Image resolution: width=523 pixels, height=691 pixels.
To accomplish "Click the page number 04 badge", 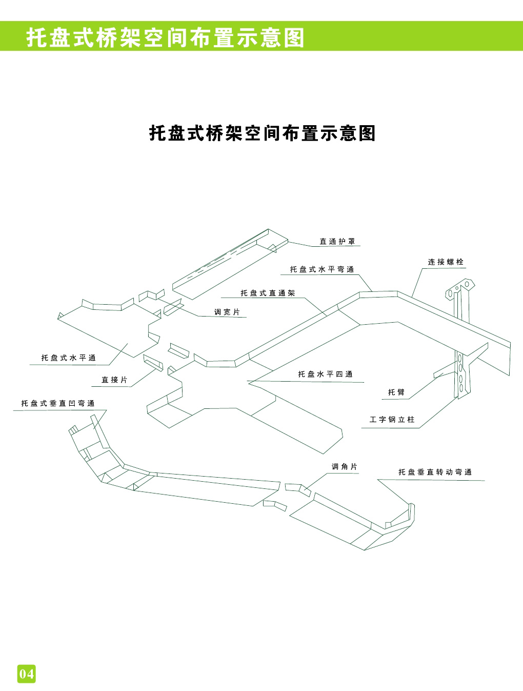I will [27, 673].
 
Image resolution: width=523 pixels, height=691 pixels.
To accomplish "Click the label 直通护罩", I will [337, 241].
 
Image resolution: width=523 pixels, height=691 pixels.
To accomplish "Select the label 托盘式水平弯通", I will [321, 269].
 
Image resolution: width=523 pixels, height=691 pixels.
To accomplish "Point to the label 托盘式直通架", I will [268, 293].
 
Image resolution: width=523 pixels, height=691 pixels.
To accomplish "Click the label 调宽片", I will [227, 312].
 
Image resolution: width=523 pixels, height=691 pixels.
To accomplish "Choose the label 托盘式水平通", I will [69, 358].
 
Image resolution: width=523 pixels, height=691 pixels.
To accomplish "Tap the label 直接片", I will [114, 380].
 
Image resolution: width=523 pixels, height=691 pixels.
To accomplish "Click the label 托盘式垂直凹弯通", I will [58, 404].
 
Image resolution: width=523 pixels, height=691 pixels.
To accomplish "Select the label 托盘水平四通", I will [325, 374].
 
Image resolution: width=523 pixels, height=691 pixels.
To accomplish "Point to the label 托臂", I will [396, 392].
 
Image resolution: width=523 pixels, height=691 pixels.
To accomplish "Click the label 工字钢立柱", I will [391, 420].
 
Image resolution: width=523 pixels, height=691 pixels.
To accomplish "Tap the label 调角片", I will [344, 467].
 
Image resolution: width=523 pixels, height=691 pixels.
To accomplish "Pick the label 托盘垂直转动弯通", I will [435, 472].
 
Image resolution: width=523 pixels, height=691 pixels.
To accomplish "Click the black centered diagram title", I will [262, 133].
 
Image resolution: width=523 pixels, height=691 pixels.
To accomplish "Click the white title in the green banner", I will [165, 38].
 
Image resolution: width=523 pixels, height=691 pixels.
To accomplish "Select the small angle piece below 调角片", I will [298, 489].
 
